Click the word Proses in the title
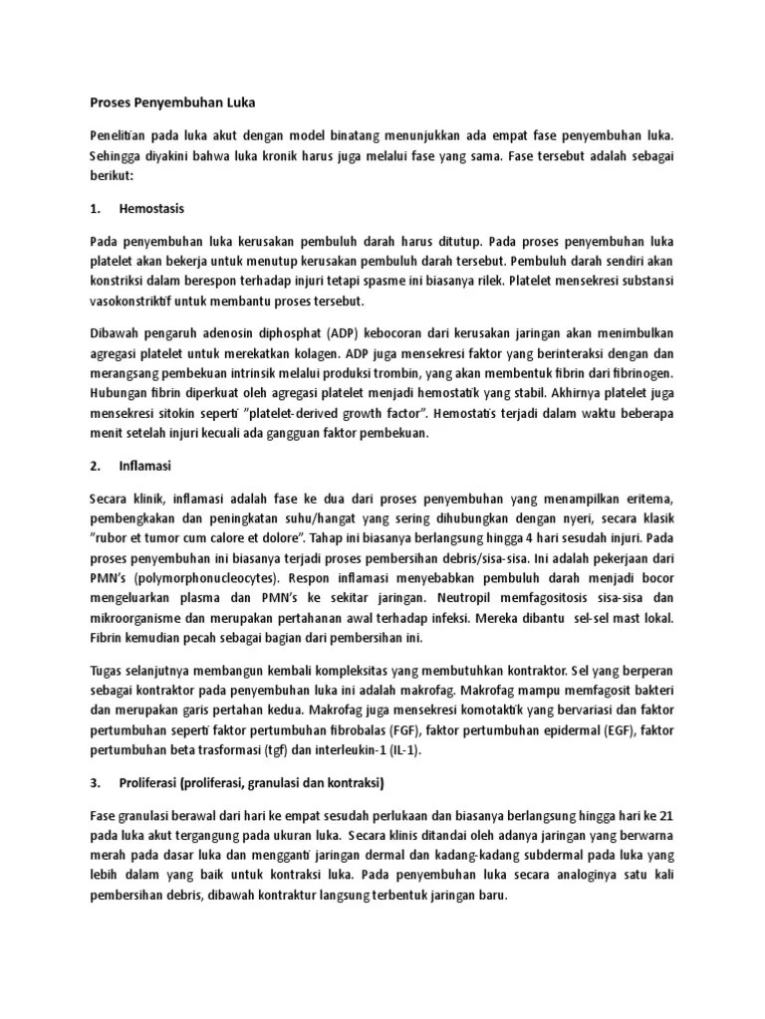[x=110, y=102]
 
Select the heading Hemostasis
[x=151, y=209]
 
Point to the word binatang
[x=349, y=133]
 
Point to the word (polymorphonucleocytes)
[x=207, y=577]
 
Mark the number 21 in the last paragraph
[x=666, y=814]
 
